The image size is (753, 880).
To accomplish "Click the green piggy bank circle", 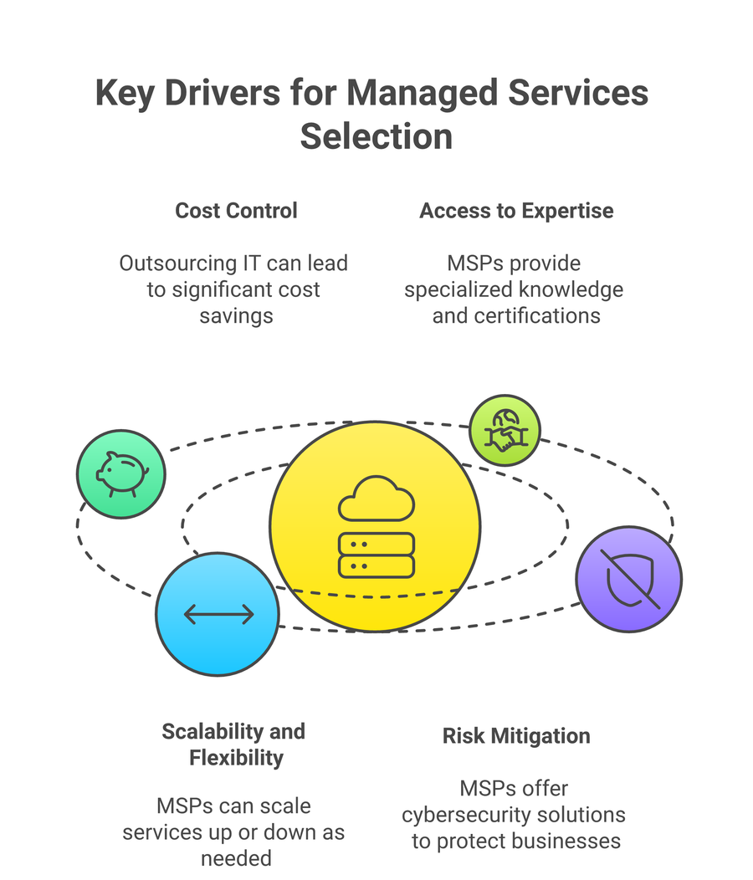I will tap(121, 473).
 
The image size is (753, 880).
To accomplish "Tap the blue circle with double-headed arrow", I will tap(218, 615).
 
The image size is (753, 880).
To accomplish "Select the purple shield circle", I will tap(629, 579).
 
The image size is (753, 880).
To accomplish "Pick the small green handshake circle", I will tap(504, 430).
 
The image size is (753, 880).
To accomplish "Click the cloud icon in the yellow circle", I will tap(376, 499).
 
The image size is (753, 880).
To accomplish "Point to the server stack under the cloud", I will tap(376, 555).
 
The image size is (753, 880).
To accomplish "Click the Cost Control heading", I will tap(236, 210).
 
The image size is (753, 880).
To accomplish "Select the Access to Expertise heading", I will tap(516, 210).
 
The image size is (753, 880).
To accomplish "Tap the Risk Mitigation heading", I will tap(516, 736).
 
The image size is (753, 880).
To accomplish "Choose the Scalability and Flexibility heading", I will tap(233, 744).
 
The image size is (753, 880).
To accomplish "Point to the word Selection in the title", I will tap(376, 136).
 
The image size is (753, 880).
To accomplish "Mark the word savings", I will tap(236, 316).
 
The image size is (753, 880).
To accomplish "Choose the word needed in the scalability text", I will tap(236, 859).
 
